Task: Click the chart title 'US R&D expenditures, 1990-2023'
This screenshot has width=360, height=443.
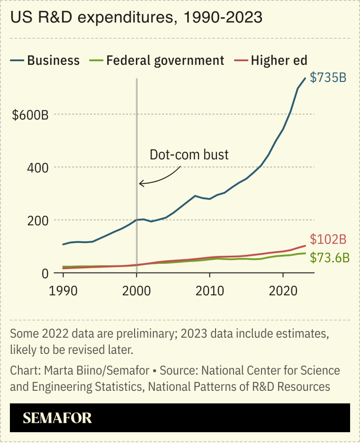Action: tap(136, 18)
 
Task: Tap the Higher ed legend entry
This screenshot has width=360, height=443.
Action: tap(279, 60)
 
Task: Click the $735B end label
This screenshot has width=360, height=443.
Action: tap(328, 77)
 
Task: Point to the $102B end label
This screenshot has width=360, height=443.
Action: tap(328, 239)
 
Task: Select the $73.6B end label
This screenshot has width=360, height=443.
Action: tap(330, 258)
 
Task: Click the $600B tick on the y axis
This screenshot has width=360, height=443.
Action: tap(30, 115)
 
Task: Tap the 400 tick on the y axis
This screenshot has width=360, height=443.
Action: tap(38, 168)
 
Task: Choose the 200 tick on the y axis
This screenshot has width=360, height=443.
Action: tap(38, 221)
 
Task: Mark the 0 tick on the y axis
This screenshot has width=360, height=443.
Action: tap(45, 273)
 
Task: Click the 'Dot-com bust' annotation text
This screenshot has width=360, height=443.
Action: tap(189, 155)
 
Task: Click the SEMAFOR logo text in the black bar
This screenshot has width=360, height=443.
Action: tap(57, 418)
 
